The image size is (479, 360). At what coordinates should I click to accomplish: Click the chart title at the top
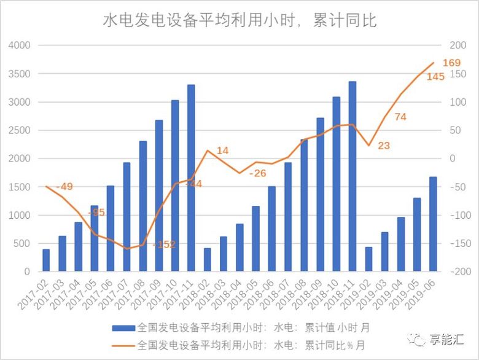coord(240,20)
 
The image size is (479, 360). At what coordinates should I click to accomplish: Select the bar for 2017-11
coord(191,178)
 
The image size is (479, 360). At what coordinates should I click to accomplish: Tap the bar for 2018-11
coord(352,176)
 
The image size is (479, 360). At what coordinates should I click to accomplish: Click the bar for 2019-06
coord(433,224)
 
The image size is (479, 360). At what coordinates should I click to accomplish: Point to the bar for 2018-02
coord(207,260)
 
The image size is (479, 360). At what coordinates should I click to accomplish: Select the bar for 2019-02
coord(368,259)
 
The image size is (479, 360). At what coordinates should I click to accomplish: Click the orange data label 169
coord(451,63)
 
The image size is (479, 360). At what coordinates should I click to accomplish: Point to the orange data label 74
coord(400,117)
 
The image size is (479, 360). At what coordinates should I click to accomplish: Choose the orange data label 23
coord(383,146)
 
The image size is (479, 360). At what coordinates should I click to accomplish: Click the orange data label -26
coord(258,173)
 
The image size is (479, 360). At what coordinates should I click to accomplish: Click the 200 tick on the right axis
coord(458,45)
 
